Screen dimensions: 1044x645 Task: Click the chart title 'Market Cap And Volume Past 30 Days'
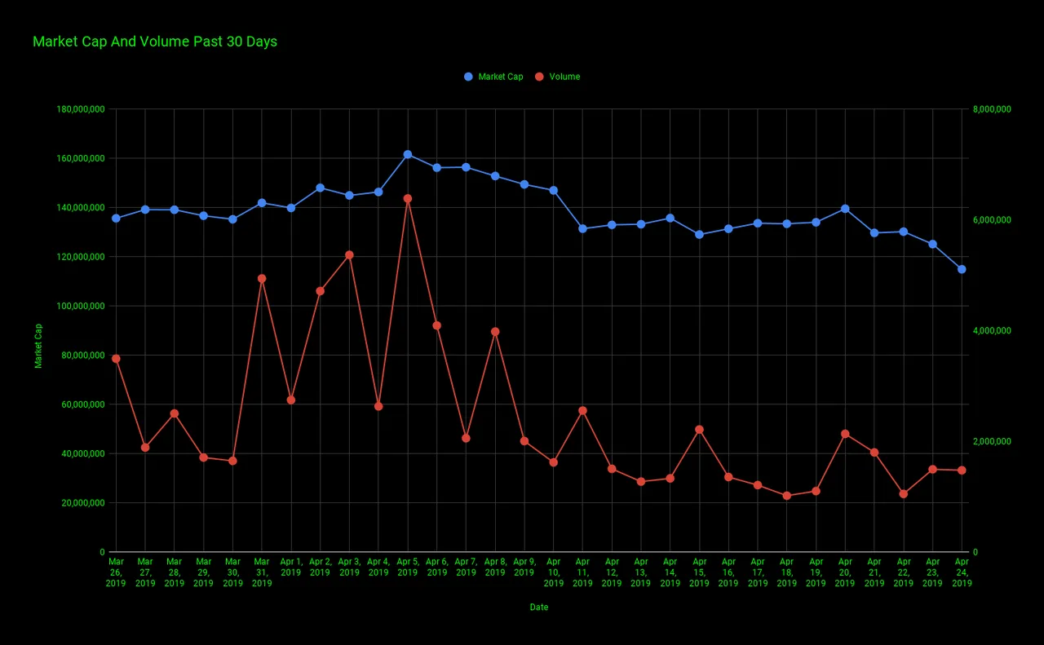tap(155, 42)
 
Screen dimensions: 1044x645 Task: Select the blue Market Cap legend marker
tap(468, 77)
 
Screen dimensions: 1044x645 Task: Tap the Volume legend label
tap(564, 77)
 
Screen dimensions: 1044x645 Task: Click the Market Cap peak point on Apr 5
tap(408, 154)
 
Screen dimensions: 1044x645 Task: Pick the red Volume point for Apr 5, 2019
tap(408, 198)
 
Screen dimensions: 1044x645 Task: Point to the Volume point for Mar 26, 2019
tap(116, 359)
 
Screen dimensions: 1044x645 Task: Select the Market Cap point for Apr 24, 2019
tap(962, 269)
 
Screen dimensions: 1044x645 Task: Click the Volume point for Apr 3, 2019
tap(350, 255)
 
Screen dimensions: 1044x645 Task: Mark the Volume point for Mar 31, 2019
tap(262, 278)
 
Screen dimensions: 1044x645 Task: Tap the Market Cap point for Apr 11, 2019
tap(582, 229)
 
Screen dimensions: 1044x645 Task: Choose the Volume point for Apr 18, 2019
tap(787, 496)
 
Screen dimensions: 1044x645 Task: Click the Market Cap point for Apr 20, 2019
tap(845, 209)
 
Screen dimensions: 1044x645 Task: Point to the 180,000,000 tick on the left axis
tap(81, 109)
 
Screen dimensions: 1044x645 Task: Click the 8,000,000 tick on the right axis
tap(992, 109)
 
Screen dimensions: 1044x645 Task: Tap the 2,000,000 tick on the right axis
tap(992, 441)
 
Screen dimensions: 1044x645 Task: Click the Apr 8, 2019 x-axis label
tap(495, 568)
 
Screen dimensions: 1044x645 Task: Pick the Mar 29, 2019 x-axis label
tap(203, 572)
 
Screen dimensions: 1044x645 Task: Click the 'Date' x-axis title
tap(539, 607)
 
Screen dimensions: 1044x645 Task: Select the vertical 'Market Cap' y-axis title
tap(38, 346)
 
